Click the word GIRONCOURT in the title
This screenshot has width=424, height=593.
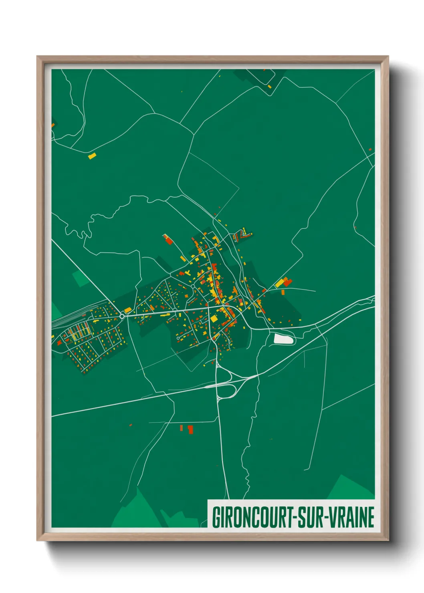[252, 517]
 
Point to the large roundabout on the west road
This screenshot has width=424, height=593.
[122, 316]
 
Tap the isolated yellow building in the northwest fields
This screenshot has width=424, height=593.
[92, 156]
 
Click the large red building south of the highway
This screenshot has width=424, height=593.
[190, 430]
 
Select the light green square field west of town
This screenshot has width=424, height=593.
[81, 278]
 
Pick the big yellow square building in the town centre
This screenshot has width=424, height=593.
[214, 319]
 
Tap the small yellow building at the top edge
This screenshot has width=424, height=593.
[270, 86]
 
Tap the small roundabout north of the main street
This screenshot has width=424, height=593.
[193, 286]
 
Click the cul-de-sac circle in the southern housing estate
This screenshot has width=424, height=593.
[178, 339]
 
